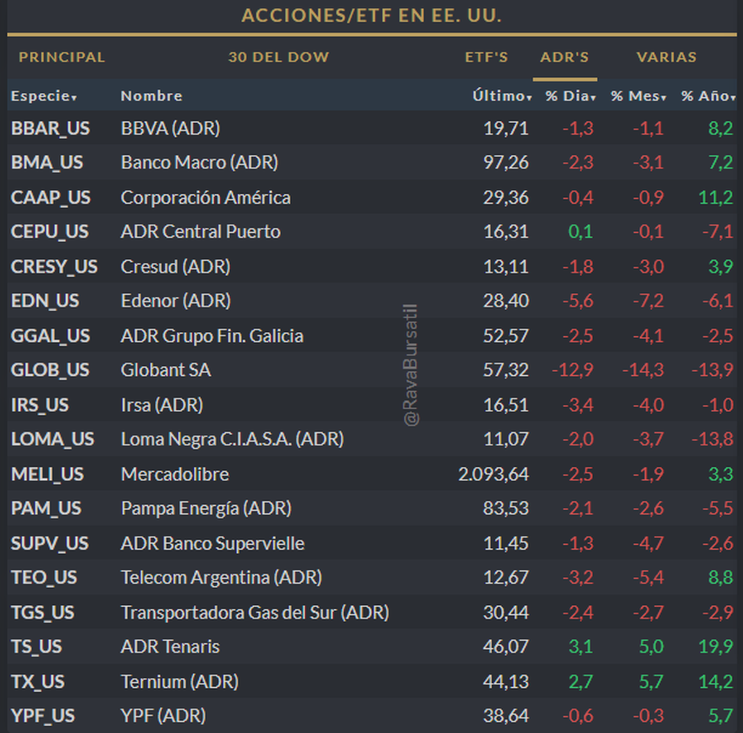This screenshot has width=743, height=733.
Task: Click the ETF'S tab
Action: (x=486, y=58)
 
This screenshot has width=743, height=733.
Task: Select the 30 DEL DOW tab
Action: (x=279, y=58)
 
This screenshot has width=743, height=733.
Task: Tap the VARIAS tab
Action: (x=666, y=58)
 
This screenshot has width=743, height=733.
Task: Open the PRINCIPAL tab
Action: (x=62, y=58)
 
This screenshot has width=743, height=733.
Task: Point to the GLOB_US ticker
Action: (x=50, y=370)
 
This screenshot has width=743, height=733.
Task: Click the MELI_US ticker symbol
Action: (x=47, y=474)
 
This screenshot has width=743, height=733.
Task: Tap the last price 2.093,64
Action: (x=493, y=474)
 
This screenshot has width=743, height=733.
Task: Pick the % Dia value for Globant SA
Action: (x=573, y=370)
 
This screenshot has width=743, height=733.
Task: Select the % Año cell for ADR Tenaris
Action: (x=716, y=647)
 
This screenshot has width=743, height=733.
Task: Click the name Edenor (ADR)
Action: (x=176, y=301)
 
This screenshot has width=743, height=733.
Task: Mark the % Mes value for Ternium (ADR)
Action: (x=651, y=682)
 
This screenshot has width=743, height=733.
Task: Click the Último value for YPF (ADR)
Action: (x=506, y=716)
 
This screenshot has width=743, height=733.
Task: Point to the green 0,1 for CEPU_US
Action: (x=580, y=232)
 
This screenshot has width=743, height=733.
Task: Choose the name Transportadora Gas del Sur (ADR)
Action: (x=255, y=613)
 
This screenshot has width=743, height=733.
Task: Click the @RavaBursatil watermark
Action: (x=411, y=365)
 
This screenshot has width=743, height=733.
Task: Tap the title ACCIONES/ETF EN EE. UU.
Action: (x=371, y=15)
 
